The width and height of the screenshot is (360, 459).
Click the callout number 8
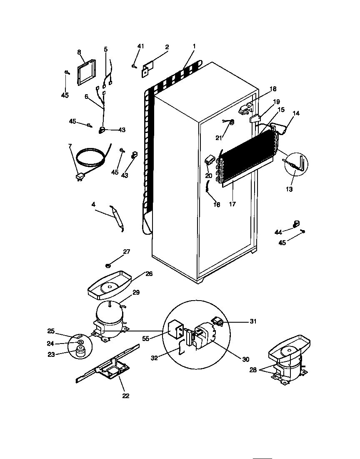pos(79,52)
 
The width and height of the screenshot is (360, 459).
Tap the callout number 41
pos(140,46)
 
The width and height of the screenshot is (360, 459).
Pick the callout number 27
pos(126,252)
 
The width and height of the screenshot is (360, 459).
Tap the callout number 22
pos(125,396)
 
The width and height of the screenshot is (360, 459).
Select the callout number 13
pos(289,189)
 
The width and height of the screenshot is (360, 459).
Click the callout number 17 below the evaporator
pos(232,204)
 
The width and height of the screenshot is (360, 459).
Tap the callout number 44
pos(278,232)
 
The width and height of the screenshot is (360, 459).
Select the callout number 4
pos(93,204)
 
